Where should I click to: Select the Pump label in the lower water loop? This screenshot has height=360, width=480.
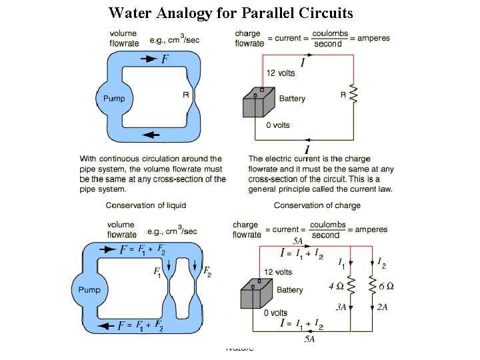click(89, 290)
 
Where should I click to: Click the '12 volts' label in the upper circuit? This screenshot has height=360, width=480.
click(280, 73)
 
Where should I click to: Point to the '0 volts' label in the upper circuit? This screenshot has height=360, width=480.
click(278, 125)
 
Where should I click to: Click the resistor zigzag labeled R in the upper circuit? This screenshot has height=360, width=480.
click(353, 95)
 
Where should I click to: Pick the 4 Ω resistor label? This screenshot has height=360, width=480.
click(337, 286)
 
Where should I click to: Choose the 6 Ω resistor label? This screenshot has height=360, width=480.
click(385, 286)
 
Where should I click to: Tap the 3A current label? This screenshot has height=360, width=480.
click(341, 307)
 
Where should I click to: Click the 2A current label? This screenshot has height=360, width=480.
click(383, 307)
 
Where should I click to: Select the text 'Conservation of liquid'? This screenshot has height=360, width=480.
click(146, 205)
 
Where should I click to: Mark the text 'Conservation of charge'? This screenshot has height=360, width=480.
click(317, 205)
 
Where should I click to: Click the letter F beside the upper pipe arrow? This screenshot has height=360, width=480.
click(164, 59)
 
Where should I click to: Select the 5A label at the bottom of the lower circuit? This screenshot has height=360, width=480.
click(310, 339)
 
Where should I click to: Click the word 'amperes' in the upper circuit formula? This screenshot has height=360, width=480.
click(373, 38)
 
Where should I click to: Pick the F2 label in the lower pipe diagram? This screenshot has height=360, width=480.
click(207, 272)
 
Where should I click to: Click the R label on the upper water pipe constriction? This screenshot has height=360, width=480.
click(185, 95)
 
